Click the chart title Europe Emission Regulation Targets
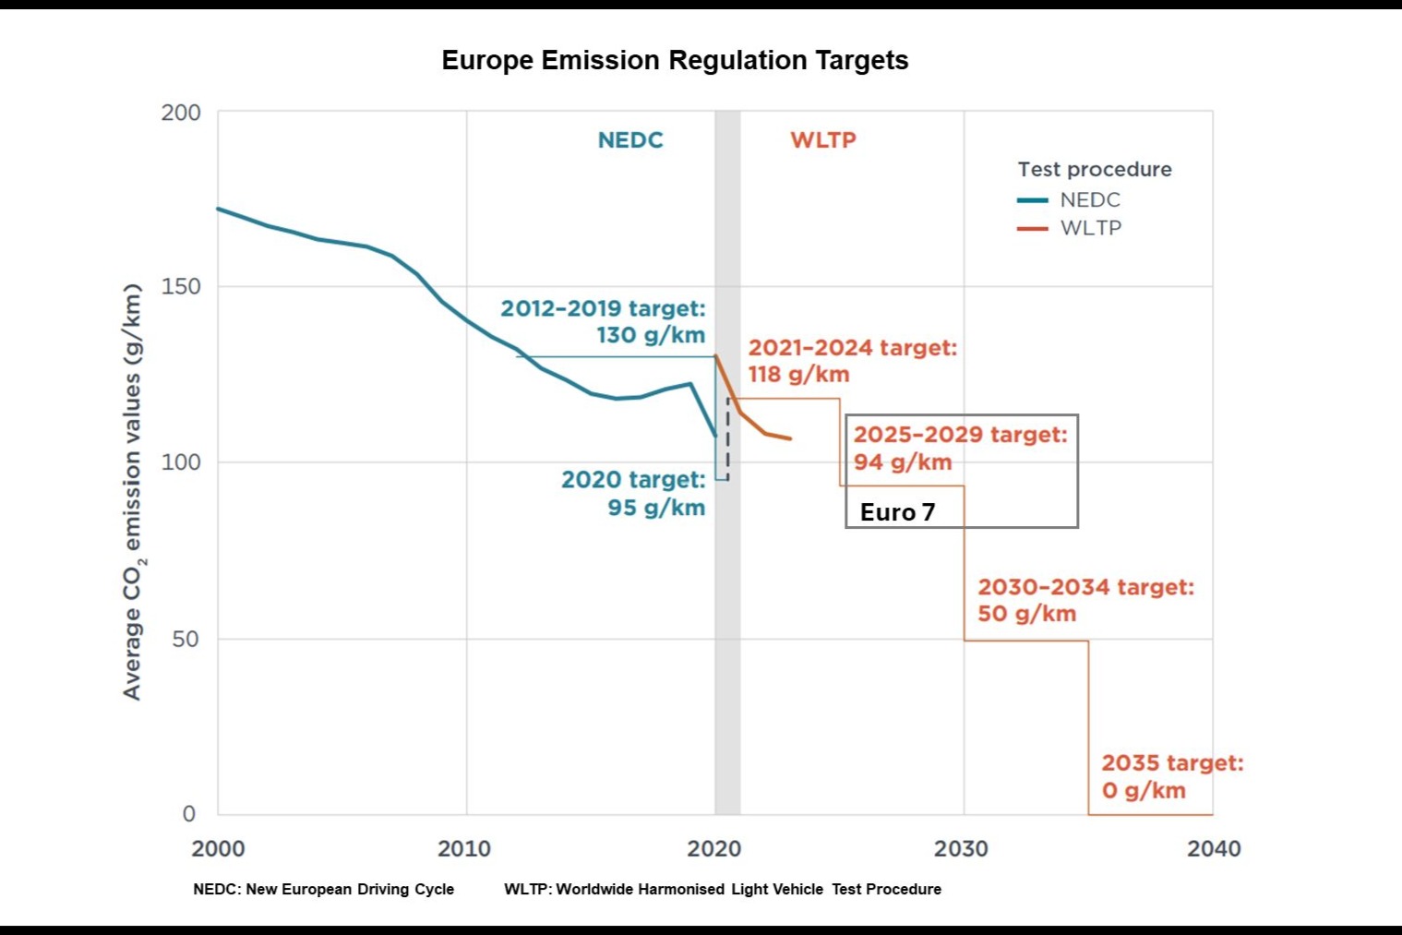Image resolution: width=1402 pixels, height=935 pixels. point(675,60)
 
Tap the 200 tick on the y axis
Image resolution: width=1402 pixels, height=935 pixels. point(181,113)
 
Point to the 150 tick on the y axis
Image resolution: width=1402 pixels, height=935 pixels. point(181,287)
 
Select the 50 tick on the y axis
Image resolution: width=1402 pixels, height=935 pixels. point(186,639)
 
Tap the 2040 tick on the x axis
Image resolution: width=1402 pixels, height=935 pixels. point(1214,848)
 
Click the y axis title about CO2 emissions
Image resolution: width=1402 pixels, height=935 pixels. point(133,492)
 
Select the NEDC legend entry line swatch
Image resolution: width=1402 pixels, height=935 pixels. point(1032,200)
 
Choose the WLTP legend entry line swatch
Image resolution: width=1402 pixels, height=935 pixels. point(1032,228)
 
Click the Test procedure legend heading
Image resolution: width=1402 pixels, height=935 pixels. point(1095,169)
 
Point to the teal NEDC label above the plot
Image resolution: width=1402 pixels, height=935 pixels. point(630,140)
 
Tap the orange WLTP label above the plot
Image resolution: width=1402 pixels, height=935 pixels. point(823,140)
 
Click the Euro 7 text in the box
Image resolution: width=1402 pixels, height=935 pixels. point(897,512)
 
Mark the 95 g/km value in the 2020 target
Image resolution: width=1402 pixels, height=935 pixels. point(656,508)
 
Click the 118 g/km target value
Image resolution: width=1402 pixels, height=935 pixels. point(798,375)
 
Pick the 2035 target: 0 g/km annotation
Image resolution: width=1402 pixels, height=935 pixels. point(1172,776)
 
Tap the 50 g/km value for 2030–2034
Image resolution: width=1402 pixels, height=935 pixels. point(1027,614)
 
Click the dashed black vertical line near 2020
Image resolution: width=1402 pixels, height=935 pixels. point(727,438)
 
